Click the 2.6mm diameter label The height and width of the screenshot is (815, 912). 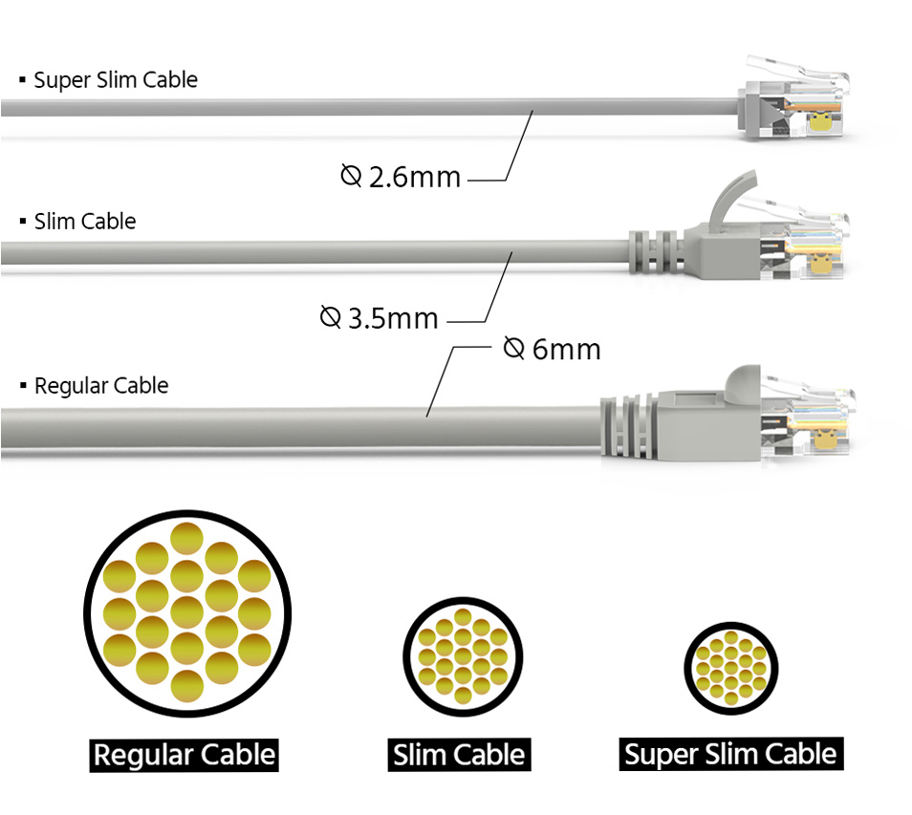click(401, 176)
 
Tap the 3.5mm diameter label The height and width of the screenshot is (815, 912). click(380, 318)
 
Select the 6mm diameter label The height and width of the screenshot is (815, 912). click(552, 349)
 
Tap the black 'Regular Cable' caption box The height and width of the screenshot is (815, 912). click(184, 755)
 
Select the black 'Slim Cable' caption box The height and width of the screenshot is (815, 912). click(459, 755)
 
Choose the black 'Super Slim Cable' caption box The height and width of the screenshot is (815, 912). click(730, 754)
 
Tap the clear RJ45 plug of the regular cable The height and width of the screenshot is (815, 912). click(807, 416)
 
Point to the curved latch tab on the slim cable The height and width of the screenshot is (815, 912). click(729, 199)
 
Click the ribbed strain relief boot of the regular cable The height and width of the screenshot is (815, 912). click(628, 427)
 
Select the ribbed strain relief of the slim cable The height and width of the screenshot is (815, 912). click(656, 251)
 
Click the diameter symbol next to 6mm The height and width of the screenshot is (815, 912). click(513, 348)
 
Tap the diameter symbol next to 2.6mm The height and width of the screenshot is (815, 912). click(351, 175)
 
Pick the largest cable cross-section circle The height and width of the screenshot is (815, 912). click(187, 613)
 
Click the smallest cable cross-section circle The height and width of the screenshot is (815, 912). click(731, 669)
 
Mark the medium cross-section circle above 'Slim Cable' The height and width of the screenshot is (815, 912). click(463, 657)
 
